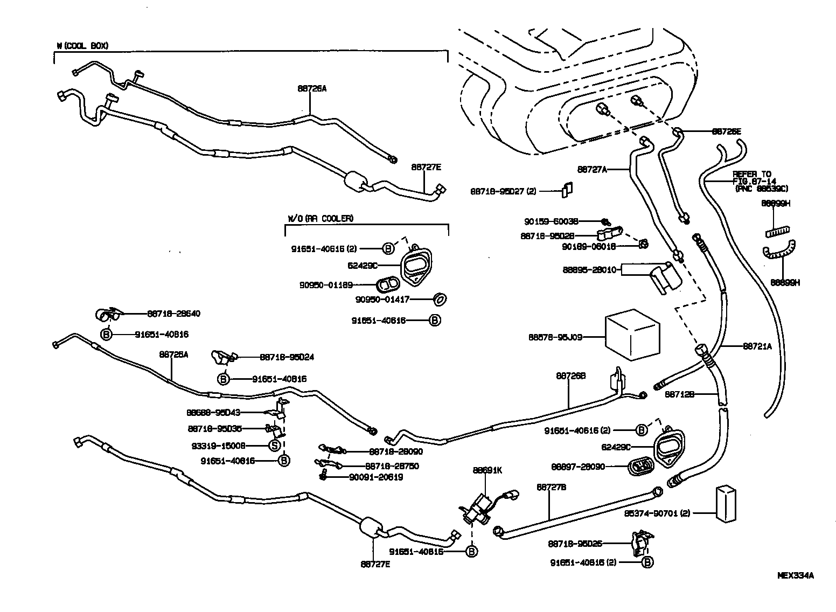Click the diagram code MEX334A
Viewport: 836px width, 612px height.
tap(795, 575)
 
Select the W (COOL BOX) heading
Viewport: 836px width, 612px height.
tap(82, 46)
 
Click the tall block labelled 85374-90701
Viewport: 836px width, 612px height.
tap(726, 504)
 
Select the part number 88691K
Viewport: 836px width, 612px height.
tap(487, 470)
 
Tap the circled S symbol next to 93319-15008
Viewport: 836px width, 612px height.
tap(274, 446)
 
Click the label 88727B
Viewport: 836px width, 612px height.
tap(551, 486)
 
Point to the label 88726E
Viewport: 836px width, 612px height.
tap(726, 131)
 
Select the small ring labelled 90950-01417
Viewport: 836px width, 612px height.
tap(440, 299)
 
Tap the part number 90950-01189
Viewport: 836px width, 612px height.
tap(326, 285)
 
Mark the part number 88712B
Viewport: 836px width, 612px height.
tap(679, 394)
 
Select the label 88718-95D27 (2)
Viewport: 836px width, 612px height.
tap(503, 191)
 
